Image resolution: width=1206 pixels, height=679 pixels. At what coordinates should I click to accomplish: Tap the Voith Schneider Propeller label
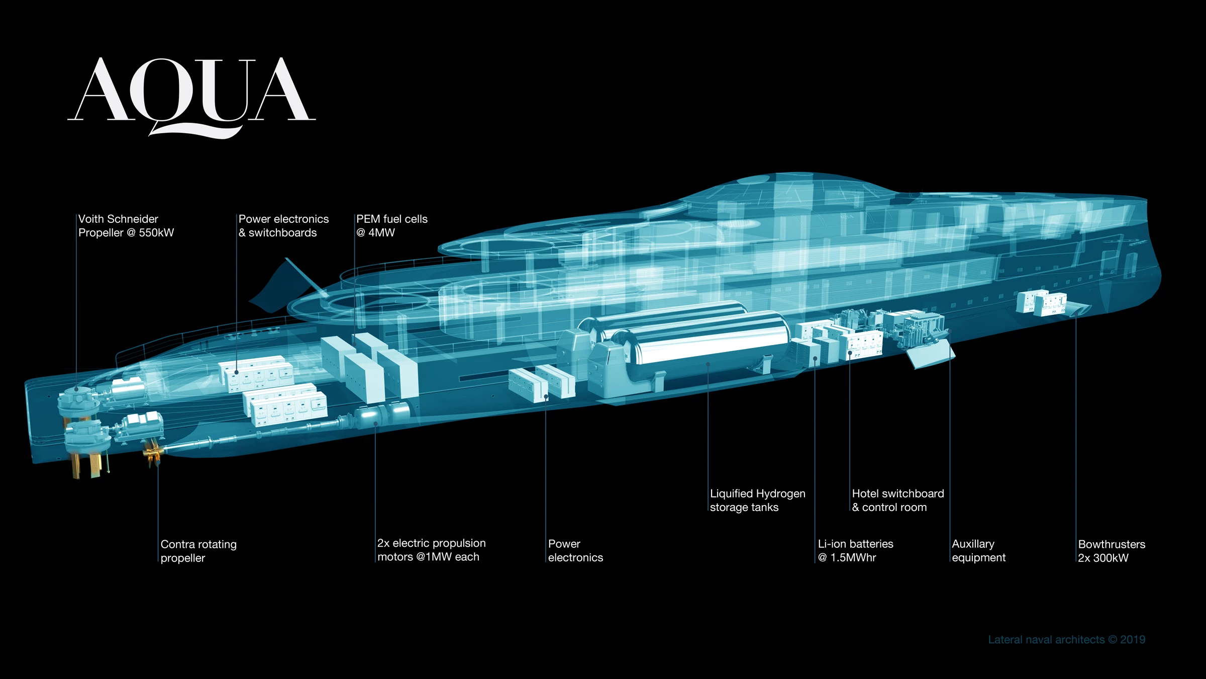(x=126, y=226)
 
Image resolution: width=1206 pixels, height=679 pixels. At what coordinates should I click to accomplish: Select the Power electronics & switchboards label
(x=283, y=226)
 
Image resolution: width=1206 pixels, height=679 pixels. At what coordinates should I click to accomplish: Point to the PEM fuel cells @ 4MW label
(x=391, y=226)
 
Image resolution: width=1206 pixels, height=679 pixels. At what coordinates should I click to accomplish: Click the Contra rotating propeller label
(x=198, y=551)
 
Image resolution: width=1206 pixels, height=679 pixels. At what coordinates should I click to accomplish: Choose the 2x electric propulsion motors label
(x=431, y=550)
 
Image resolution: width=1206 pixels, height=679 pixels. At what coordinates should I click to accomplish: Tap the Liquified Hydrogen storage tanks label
(x=757, y=500)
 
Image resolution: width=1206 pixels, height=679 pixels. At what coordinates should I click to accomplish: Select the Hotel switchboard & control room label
(x=897, y=500)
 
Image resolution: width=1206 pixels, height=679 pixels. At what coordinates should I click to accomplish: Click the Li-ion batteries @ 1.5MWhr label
(x=855, y=551)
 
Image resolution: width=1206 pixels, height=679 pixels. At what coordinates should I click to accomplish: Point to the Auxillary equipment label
(x=978, y=551)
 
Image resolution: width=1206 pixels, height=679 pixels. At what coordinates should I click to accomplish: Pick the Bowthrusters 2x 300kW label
(x=1112, y=551)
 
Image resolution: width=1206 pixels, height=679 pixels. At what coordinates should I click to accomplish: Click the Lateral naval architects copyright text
(x=1066, y=640)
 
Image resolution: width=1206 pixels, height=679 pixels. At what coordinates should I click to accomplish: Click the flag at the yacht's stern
(x=281, y=287)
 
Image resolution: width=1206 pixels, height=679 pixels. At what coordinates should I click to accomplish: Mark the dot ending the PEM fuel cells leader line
(x=354, y=345)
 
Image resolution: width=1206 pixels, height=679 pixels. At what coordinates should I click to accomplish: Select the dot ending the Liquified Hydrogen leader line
(x=708, y=364)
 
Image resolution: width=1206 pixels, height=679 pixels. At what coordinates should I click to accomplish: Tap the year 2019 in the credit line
(x=1133, y=640)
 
